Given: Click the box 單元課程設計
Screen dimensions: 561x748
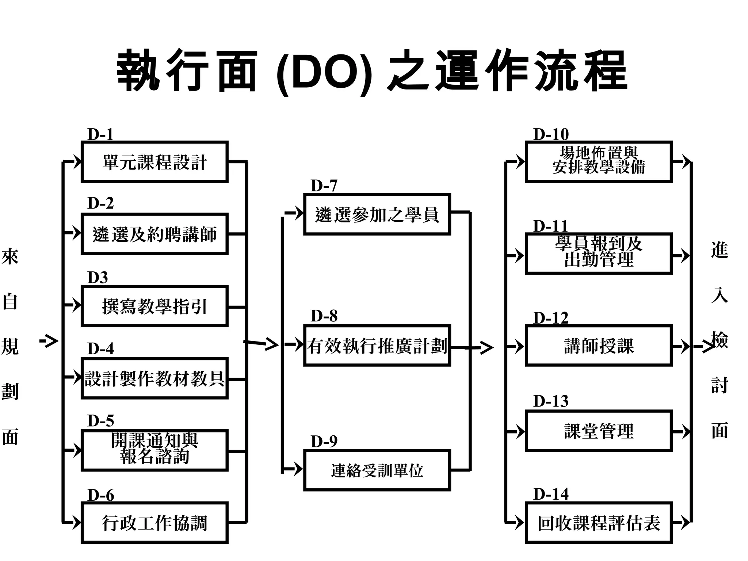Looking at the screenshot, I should coord(154,161).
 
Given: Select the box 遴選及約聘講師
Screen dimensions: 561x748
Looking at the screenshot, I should coord(154,234).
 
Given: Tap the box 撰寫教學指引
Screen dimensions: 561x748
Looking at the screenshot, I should coord(154,306).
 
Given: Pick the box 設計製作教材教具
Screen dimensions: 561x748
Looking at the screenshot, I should coord(154,378).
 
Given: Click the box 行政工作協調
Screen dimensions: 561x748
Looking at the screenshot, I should coord(154,523).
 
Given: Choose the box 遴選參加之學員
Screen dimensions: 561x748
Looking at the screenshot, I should coord(377,214).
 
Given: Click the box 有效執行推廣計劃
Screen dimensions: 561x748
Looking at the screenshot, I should coord(377,346).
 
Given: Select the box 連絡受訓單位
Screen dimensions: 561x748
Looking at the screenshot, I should coord(377,470).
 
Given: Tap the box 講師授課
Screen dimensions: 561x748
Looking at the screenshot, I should coord(599,346).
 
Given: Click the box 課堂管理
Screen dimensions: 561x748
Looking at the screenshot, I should coord(599,431).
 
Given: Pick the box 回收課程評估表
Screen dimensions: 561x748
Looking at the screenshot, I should coord(599,523).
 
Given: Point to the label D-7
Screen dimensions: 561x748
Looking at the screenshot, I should coord(324,186).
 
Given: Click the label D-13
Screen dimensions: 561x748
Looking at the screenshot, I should coord(550,401).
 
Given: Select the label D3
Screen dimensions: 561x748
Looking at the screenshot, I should coord(98,278).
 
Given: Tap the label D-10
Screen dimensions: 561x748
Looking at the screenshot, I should coord(550,134).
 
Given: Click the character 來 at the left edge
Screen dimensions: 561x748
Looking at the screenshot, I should coord(10,257).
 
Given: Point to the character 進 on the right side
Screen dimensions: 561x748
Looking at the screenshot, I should coord(719,250).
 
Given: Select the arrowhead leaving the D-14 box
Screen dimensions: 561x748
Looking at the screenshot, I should coord(686,523).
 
